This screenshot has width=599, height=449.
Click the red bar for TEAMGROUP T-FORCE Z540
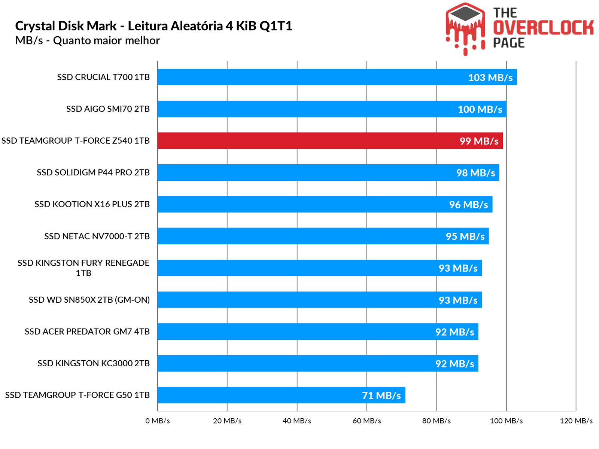point(329,141)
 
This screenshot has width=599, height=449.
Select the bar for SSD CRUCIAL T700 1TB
point(337,77)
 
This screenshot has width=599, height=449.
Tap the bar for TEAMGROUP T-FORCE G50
point(281,395)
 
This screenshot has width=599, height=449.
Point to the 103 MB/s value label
point(490,77)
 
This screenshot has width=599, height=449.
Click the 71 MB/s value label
point(381,395)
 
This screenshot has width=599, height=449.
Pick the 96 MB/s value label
point(468,205)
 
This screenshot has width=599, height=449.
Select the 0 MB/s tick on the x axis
point(158,421)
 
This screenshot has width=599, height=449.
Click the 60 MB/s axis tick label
point(367,421)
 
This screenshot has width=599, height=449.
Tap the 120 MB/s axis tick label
point(576,421)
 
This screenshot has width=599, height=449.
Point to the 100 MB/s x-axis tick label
point(506,421)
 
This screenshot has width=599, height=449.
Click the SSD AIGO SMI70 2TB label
point(108,109)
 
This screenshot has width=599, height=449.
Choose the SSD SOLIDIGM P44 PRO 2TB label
point(93,172)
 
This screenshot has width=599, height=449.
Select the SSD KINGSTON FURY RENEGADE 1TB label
point(83,268)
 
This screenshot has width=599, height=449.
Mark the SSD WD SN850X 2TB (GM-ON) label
point(89,300)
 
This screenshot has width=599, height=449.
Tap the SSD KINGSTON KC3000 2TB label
point(94,363)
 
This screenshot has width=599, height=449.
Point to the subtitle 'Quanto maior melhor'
point(106,40)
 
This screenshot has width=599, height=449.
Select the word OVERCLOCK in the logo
point(543,28)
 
